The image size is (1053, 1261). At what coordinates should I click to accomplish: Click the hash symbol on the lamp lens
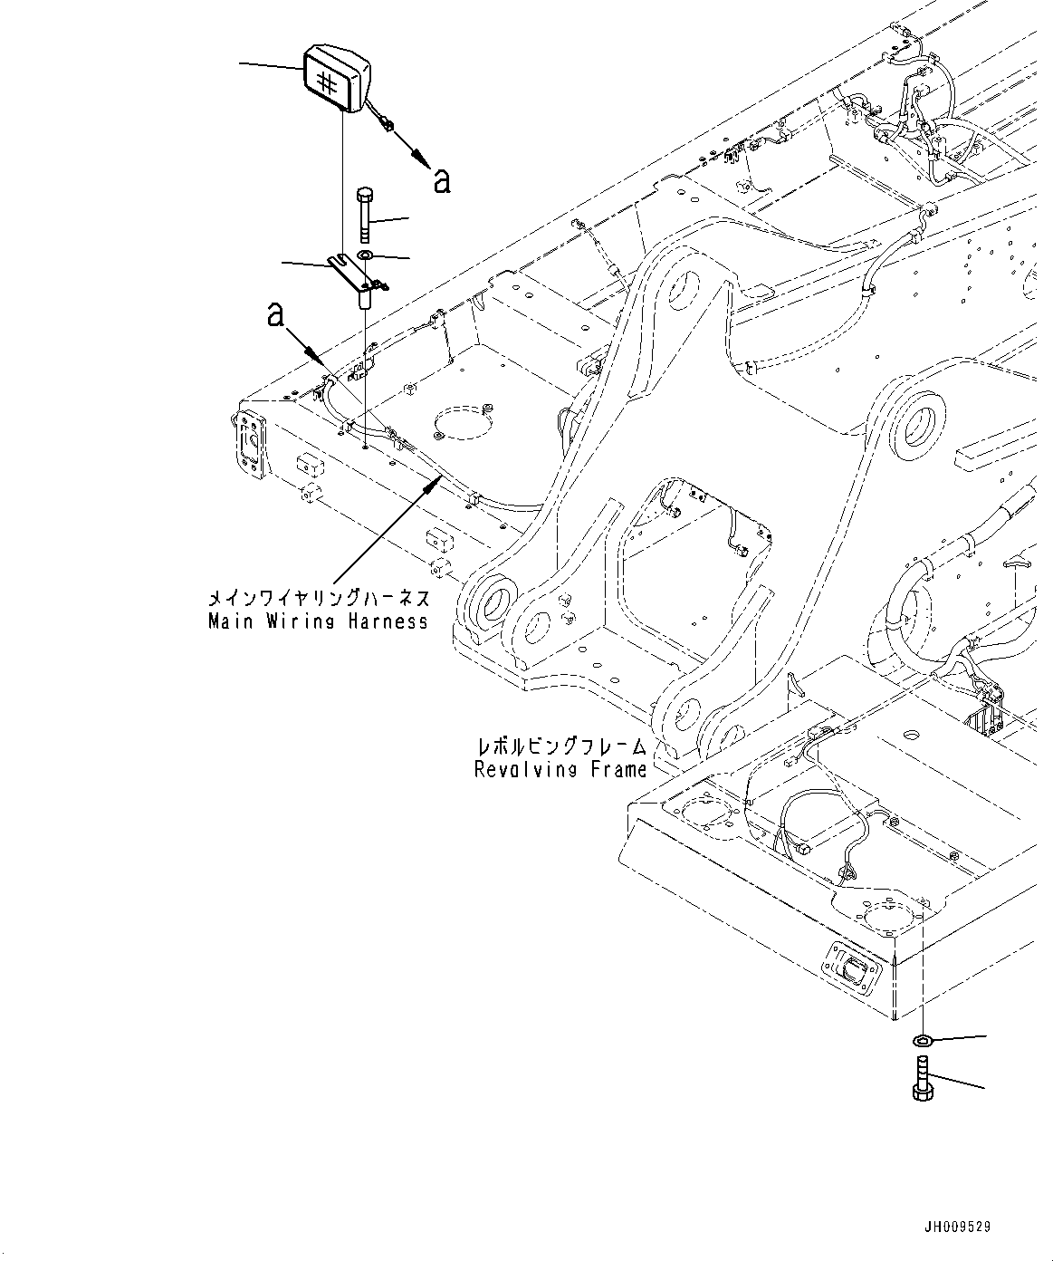(329, 82)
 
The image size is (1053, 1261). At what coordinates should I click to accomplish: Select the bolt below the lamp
(365, 217)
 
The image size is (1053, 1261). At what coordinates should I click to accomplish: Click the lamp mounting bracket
(359, 275)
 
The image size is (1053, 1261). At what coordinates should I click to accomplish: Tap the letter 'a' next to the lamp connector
(441, 180)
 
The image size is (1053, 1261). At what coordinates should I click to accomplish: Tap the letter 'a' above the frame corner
(275, 315)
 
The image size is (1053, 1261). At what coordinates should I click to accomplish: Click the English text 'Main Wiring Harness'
(318, 622)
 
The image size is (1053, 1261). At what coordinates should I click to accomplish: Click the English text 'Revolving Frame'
(560, 770)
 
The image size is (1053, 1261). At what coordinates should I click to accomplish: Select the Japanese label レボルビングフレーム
(562, 747)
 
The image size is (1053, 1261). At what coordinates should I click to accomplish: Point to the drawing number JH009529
(957, 1227)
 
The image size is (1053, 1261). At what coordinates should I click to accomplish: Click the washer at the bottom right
(924, 1039)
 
